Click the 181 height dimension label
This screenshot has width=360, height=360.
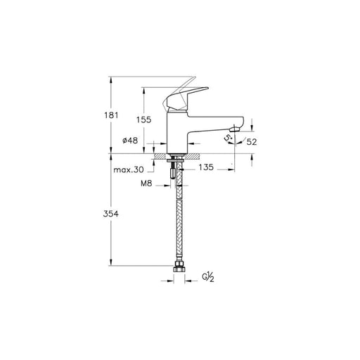click(111, 115)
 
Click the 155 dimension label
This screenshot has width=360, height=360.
click(144, 120)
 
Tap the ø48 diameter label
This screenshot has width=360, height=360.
click(130, 141)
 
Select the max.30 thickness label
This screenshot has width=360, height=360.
click(129, 169)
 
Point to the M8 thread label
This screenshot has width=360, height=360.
click(146, 184)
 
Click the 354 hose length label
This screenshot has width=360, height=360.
click(111, 214)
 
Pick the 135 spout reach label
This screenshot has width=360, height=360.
click(206, 167)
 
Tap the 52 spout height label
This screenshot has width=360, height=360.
click(252, 142)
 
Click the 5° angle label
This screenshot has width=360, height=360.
click(228, 138)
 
